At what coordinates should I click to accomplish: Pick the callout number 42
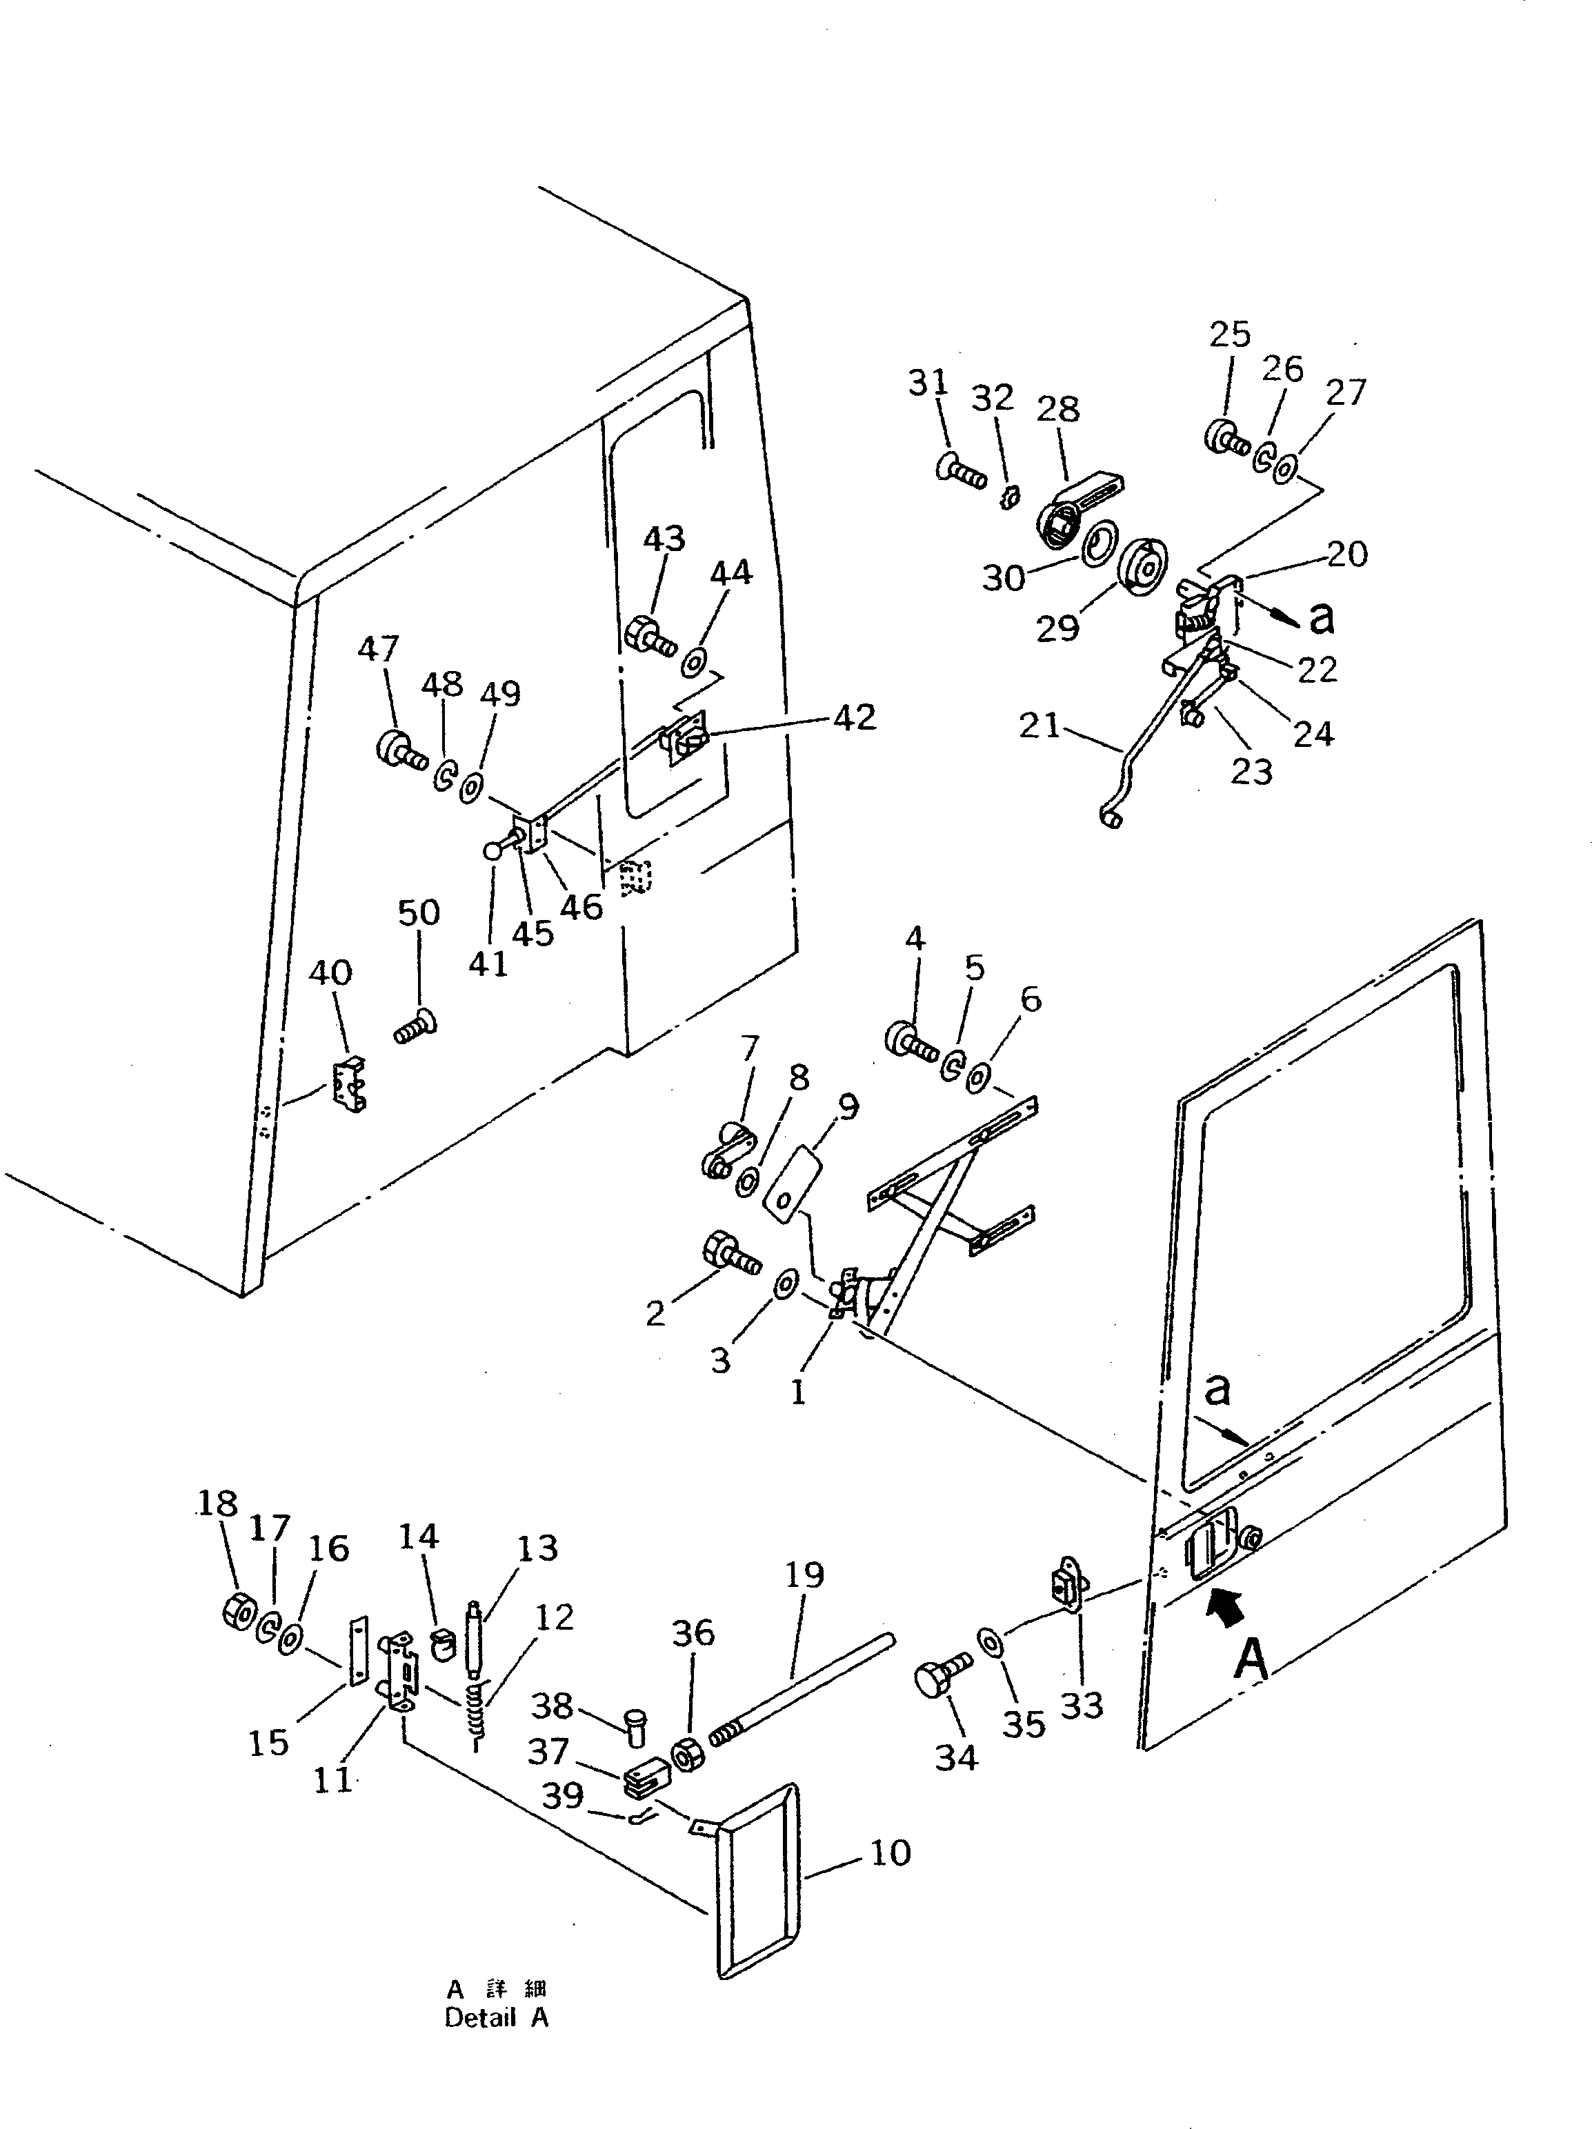(x=854, y=717)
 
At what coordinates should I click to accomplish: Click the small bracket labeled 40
(x=350, y=1086)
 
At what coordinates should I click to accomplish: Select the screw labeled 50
(x=415, y=1028)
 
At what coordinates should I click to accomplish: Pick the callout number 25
(x=1229, y=335)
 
